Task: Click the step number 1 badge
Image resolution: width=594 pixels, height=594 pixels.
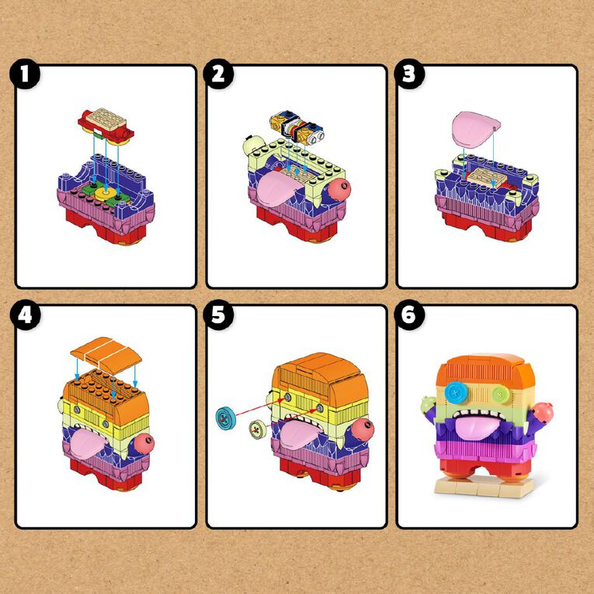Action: [25, 74]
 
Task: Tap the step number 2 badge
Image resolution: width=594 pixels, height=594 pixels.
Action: [218, 74]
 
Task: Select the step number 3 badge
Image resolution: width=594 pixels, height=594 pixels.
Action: [409, 74]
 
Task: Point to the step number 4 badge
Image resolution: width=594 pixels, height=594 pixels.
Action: [25, 314]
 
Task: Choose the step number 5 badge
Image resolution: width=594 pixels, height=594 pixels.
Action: [218, 314]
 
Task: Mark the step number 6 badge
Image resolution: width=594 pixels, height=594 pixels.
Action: [409, 314]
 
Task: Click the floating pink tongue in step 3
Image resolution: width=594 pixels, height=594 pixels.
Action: [475, 129]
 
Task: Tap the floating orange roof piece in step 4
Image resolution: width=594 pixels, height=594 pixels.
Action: [106, 355]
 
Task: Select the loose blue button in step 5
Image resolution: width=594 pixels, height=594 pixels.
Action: [225, 418]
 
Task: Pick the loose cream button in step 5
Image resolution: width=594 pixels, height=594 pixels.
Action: [258, 430]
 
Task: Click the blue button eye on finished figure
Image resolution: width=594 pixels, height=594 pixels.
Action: [457, 392]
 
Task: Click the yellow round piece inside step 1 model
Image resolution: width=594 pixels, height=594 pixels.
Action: [106, 193]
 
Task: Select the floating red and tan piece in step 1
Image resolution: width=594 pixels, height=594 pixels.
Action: [106, 127]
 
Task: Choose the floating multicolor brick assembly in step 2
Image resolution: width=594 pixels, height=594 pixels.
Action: [297, 130]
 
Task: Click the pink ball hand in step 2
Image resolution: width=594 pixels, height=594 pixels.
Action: [339, 189]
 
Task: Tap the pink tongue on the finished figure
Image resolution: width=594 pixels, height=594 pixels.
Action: [478, 427]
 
